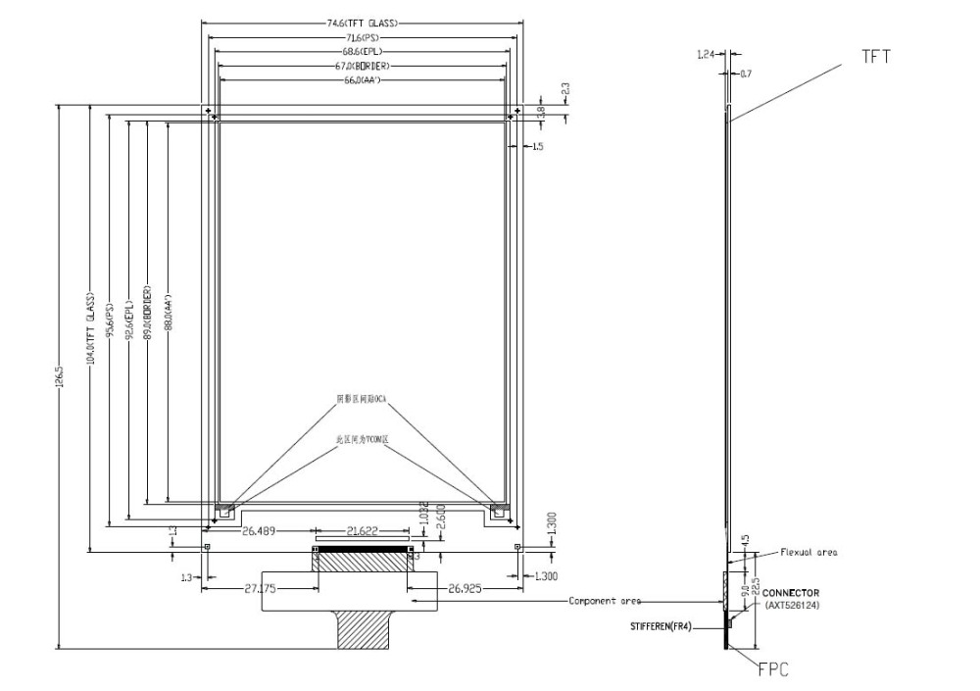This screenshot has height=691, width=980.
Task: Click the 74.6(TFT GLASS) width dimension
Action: (362, 21)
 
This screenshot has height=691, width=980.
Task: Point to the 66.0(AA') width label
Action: (361, 79)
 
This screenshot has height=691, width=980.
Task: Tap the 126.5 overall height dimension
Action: (62, 376)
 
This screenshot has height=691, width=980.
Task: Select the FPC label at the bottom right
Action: (772, 670)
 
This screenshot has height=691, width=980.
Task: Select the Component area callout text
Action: (605, 601)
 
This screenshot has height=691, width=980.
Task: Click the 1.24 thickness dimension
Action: (707, 56)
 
